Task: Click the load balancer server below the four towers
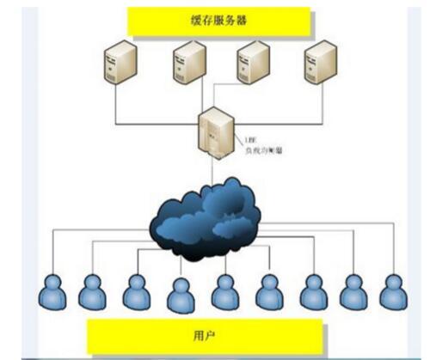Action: tap(212, 134)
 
